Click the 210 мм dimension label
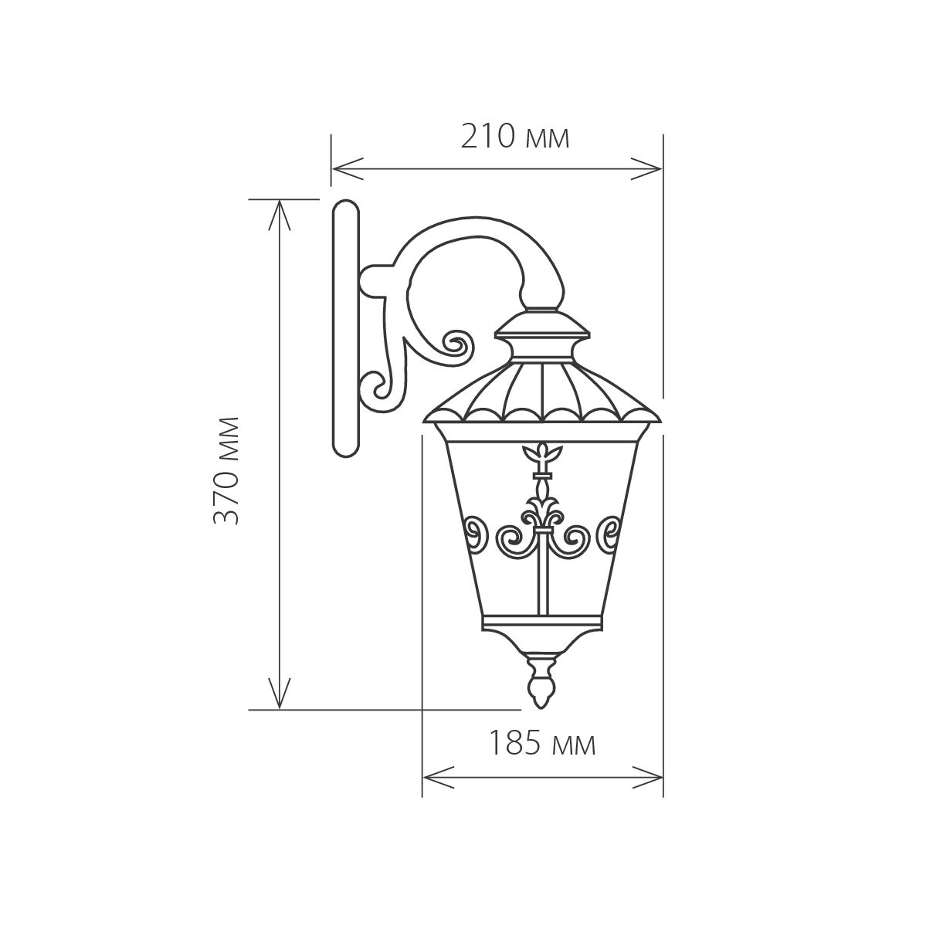coord(515,137)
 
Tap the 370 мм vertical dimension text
coord(227,470)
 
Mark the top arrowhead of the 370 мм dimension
coord(280,215)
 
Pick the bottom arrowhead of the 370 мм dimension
coord(280,694)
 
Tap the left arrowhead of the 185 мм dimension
coord(438,777)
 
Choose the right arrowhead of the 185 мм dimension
coord(648,777)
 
